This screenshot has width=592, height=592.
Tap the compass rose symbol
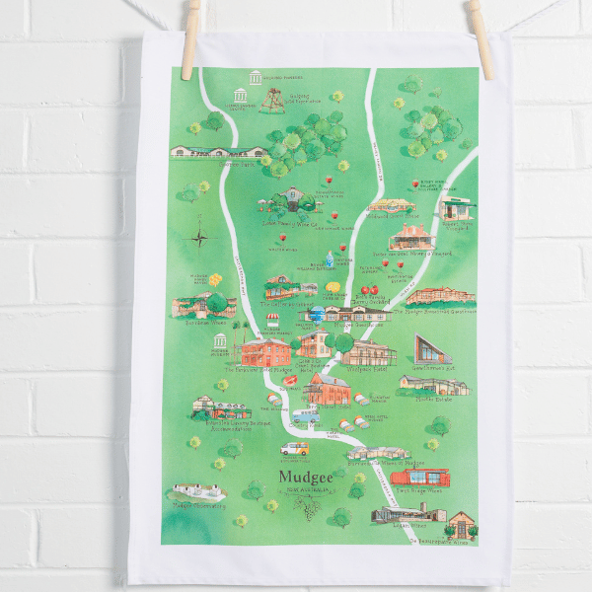(201, 237)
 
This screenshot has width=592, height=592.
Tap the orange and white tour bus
(294, 448)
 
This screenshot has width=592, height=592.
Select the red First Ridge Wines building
(419, 479)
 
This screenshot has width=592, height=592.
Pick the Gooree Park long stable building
(219, 152)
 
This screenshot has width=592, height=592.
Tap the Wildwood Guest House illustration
(368, 353)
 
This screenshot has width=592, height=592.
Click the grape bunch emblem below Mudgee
(307, 509)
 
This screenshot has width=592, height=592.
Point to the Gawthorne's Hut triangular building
(434, 348)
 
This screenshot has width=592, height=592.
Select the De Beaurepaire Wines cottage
(461, 524)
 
